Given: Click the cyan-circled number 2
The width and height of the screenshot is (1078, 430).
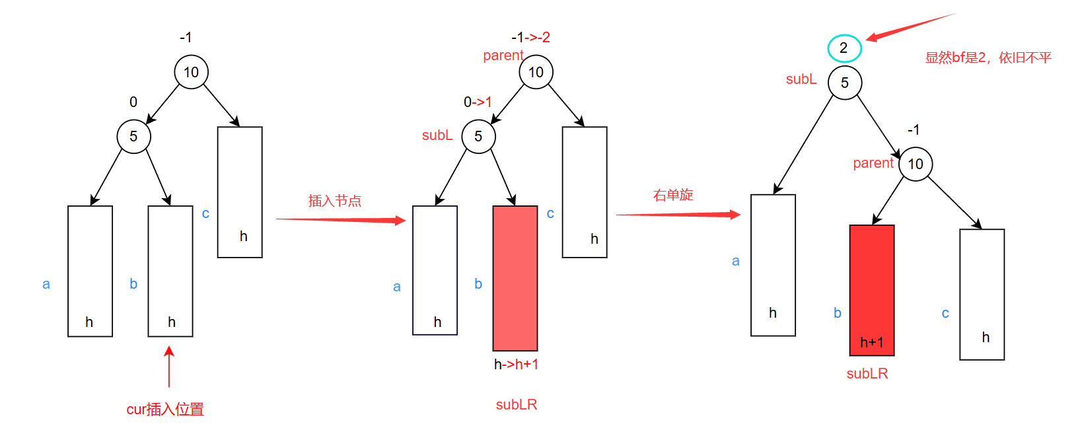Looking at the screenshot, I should (x=844, y=48).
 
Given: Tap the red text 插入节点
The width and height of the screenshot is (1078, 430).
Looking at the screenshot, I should (x=335, y=201).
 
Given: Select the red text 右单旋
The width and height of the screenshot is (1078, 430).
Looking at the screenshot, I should (x=673, y=195).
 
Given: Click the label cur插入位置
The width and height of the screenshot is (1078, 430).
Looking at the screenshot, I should (x=165, y=410).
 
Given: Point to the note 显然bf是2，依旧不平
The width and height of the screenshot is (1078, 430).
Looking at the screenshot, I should (x=988, y=58).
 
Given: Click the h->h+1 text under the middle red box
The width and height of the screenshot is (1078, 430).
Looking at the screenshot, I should (x=516, y=365).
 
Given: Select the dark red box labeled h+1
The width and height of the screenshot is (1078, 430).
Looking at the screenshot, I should (x=872, y=290).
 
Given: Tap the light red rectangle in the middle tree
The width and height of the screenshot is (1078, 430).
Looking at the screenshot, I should (x=515, y=277).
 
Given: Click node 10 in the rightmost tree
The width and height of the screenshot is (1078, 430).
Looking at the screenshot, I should (x=916, y=164).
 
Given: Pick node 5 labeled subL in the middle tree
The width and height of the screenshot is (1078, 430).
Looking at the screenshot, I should (x=478, y=137).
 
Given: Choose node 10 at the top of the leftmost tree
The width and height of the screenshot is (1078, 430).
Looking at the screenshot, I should (x=192, y=72).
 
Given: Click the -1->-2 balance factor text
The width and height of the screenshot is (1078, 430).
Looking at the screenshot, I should (x=530, y=38).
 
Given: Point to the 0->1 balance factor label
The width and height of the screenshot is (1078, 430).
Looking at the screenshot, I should (x=478, y=102).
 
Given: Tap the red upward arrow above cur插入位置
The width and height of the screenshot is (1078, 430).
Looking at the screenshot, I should (x=169, y=367).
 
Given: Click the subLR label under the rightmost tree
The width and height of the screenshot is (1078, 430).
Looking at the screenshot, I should (x=867, y=374).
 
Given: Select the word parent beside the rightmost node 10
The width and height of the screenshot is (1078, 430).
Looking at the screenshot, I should (x=873, y=163).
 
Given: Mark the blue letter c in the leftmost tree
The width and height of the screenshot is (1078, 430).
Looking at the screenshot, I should (x=205, y=213).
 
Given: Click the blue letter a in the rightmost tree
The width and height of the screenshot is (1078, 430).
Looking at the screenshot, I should (x=736, y=261).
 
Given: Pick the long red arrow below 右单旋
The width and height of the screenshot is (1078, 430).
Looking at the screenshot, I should (x=678, y=214).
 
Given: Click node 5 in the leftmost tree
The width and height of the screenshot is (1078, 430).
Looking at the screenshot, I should (x=133, y=137).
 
